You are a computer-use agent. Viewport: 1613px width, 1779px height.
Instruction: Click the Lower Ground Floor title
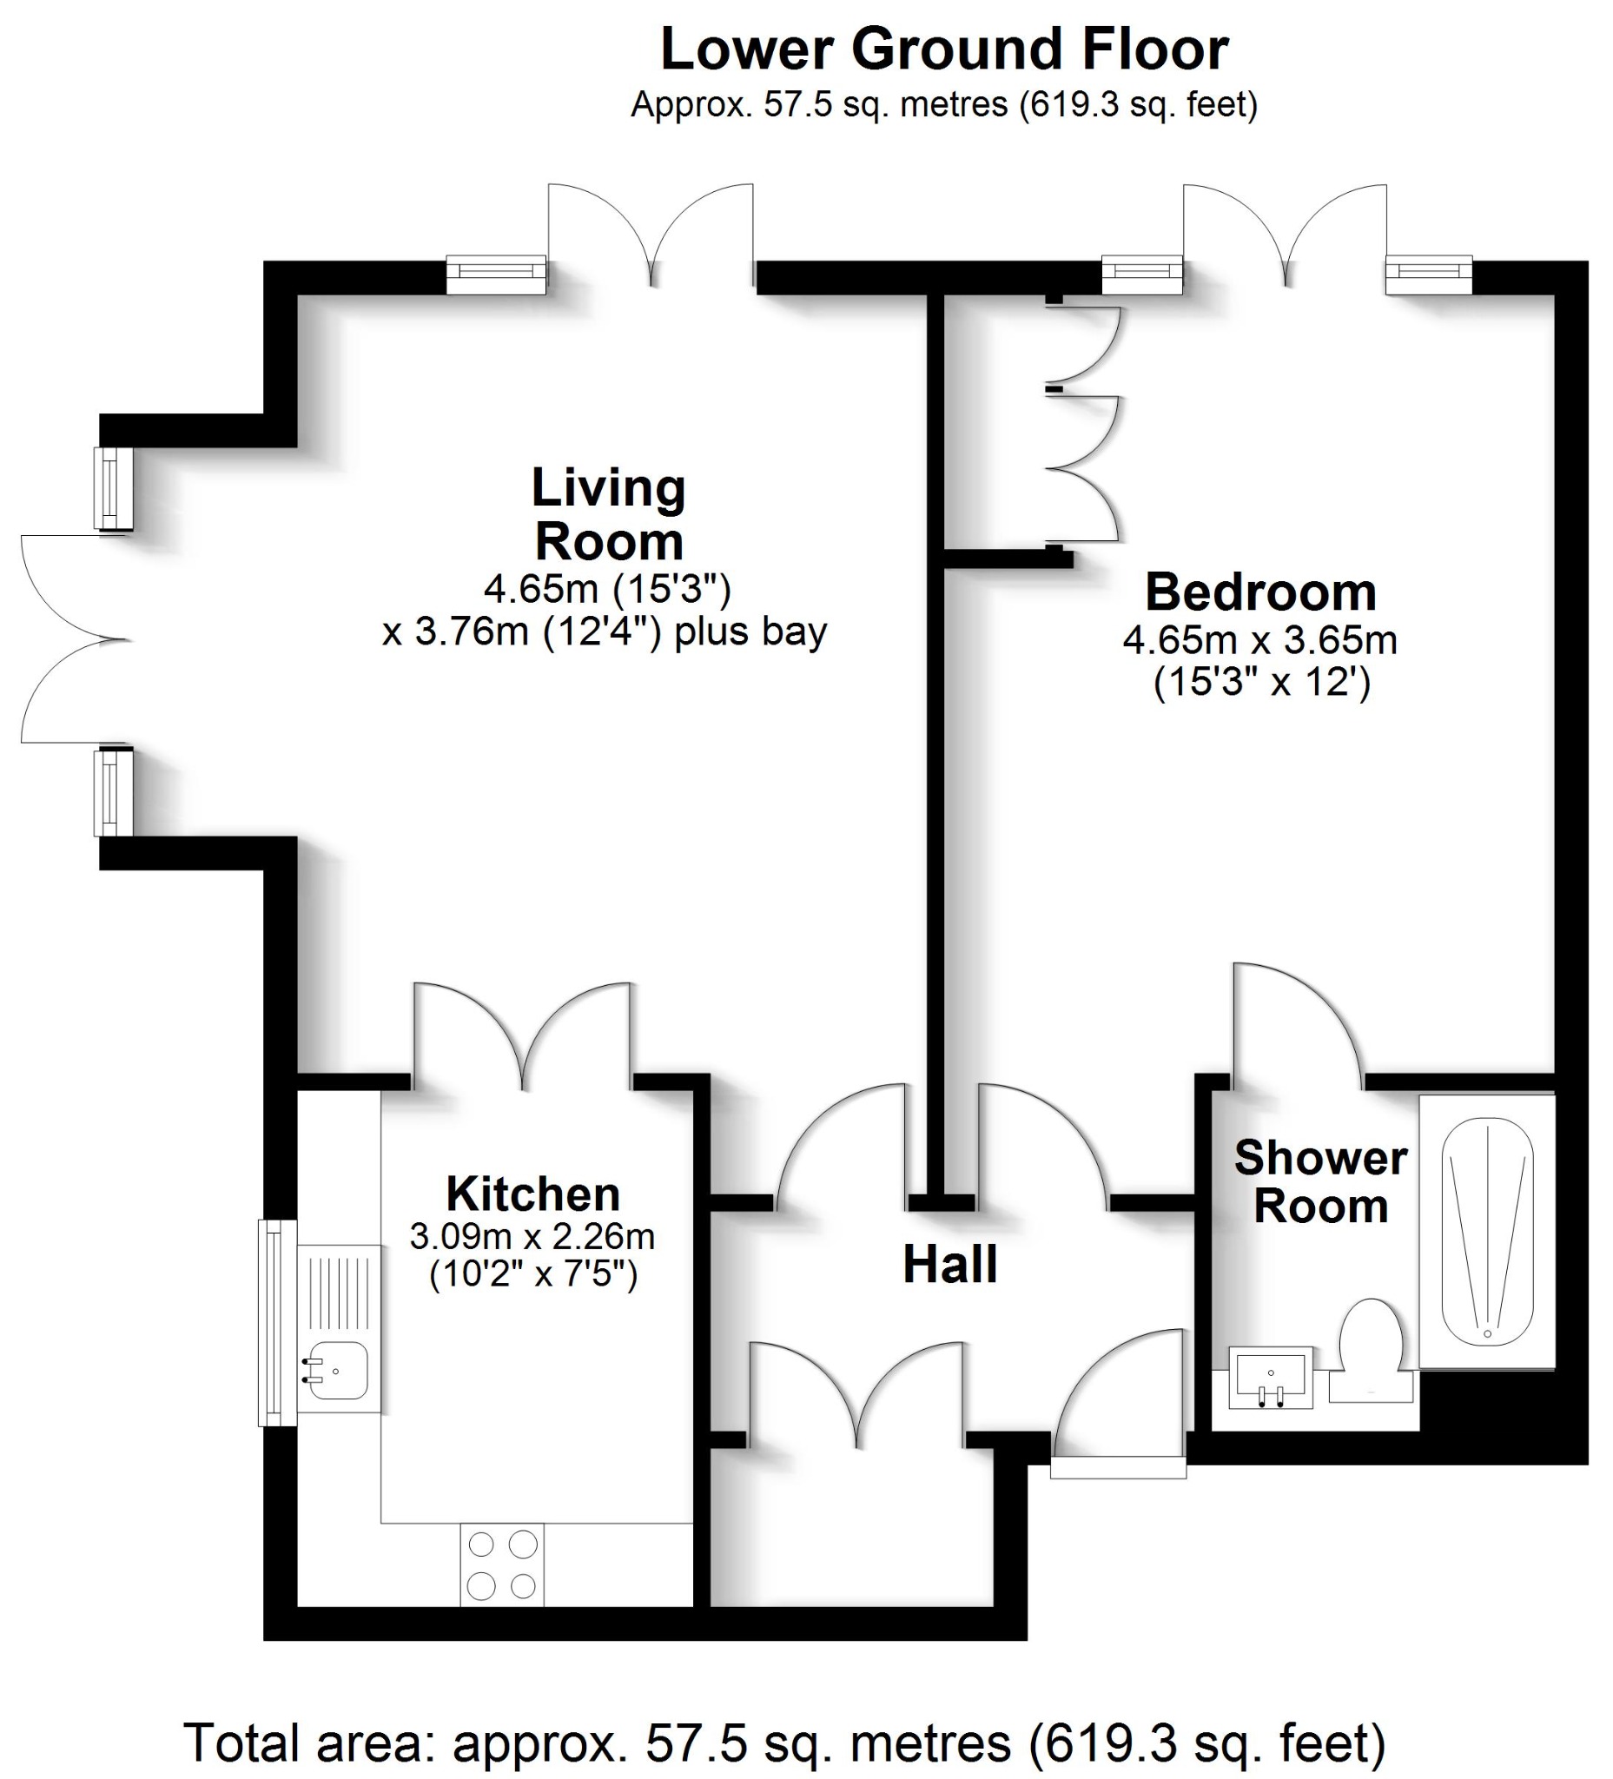[943, 50]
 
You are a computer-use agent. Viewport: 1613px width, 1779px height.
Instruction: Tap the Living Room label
[609, 513]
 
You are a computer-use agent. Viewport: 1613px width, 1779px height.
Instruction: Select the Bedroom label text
[1260, 592]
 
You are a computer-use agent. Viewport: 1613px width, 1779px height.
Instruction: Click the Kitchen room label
[533, 1194]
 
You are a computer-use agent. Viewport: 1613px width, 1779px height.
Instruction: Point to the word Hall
[949, 1265]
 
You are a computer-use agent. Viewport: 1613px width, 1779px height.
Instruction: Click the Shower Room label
[1320, 1181]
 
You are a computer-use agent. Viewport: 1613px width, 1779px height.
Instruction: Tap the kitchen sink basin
[339, 1371]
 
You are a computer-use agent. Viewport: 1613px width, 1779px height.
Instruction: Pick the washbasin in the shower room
[1271, 1377]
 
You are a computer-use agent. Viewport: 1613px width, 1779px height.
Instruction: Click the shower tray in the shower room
[1487, 1232]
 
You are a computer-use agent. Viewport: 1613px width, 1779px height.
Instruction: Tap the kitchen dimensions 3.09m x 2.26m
[532, 1237]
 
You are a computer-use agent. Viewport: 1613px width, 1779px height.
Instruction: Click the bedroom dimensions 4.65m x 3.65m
[1260, 641]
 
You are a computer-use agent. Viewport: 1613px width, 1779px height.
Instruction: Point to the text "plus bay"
[750, 632]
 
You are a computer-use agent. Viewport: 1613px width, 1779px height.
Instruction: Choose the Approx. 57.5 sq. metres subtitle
[943, 105]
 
